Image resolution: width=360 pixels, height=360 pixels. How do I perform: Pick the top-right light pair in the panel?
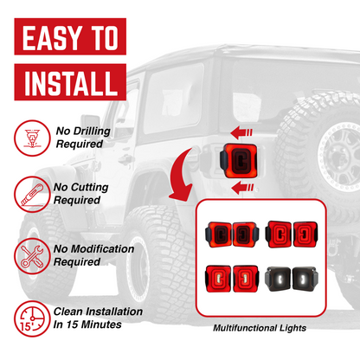(x=292, y=232)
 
